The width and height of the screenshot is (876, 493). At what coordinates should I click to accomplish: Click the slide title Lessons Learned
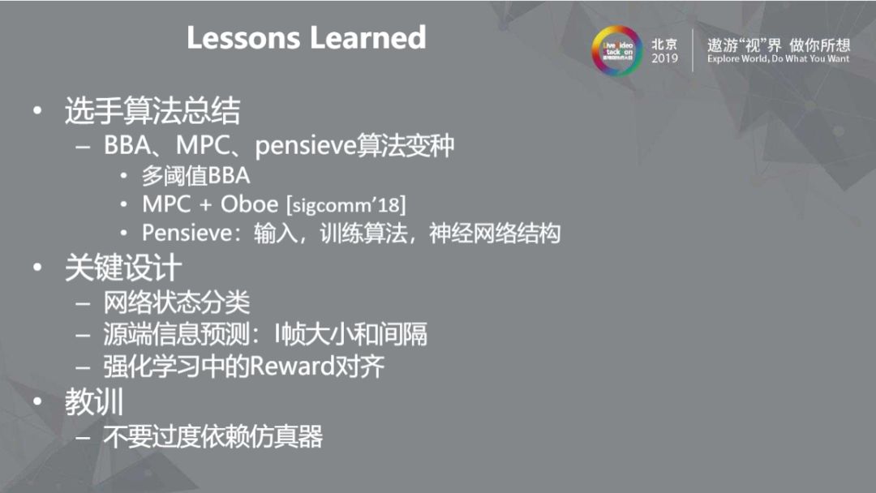[306, 38]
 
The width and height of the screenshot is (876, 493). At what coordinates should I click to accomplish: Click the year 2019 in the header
[664, 58]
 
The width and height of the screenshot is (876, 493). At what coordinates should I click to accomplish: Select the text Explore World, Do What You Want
[778, 59]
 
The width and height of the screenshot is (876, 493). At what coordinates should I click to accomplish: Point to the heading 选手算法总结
[152, 111]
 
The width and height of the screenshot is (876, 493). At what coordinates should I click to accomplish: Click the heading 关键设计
[123, 268]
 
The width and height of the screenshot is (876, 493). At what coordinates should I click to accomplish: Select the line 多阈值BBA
[195, 175]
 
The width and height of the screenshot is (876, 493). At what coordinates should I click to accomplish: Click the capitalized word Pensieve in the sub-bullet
[186, 234]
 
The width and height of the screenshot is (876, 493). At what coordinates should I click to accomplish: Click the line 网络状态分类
[176, 303]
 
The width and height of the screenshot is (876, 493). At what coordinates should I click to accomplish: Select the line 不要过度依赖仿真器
[213, 437]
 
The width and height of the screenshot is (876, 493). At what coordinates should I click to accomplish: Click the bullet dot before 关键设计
[37, 269]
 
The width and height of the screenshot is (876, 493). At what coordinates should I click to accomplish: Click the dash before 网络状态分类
[84, 304]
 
